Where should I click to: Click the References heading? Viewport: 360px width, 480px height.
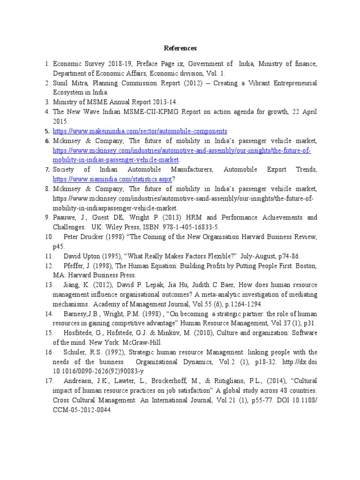pos(180,48)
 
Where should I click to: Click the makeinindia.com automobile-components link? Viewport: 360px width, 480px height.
pos(140,131)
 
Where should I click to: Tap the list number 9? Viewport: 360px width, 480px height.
pos(47,217)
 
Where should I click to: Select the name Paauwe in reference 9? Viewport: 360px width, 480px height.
pos(65,217)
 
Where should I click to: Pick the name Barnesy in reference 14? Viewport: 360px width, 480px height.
pos(77,314)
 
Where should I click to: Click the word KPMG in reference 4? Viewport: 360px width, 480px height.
pos(182,112)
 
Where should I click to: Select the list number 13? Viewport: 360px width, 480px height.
pos(49,285)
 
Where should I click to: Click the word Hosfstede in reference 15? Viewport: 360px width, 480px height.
pos(80,333)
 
